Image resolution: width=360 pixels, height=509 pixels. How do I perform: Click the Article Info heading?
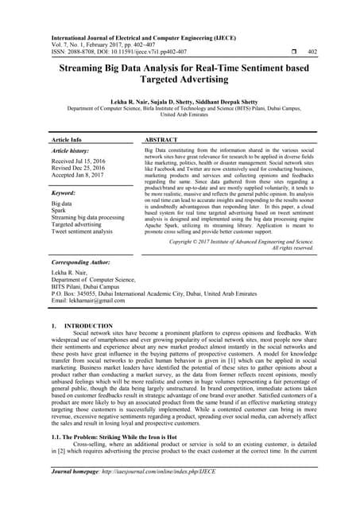coord(67,139)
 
